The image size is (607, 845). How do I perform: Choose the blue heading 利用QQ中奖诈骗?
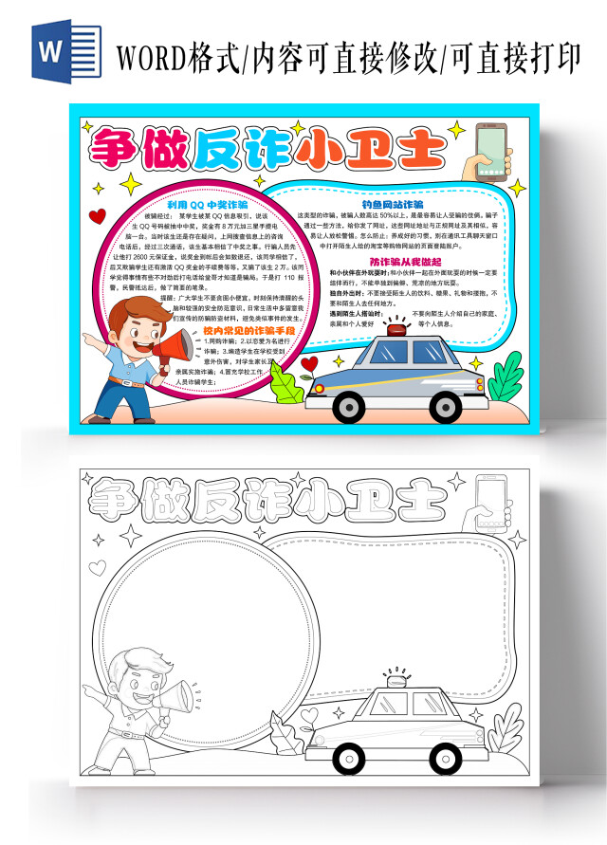[x=207, y=204]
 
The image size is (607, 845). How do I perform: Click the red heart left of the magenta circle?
[x=95, y=215]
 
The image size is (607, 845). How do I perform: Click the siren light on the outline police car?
[x=392, y=679]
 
